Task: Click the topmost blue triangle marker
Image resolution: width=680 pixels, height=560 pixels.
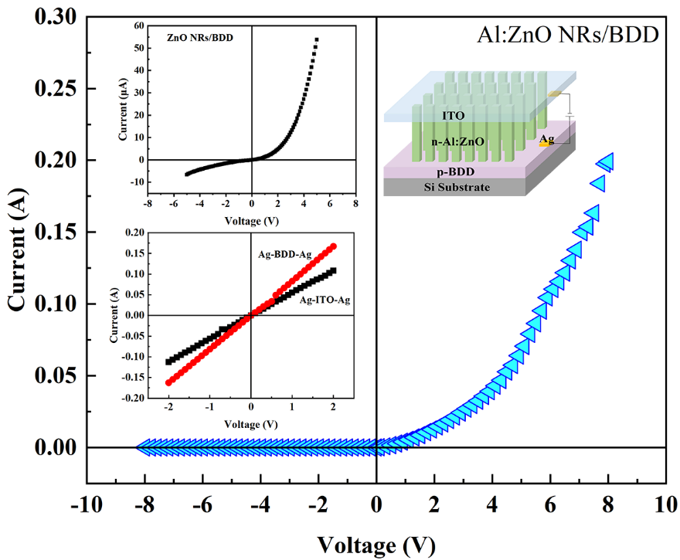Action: click(x=605, y=161)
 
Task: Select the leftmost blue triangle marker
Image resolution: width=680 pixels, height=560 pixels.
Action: click(x=144, y=446)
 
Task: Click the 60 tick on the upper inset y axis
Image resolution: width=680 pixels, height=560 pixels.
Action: click(x=139, y=25)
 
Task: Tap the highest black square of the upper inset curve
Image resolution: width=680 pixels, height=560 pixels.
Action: click(x=316, y=39)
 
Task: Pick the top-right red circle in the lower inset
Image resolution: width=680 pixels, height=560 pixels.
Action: click(x=333, y=246)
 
